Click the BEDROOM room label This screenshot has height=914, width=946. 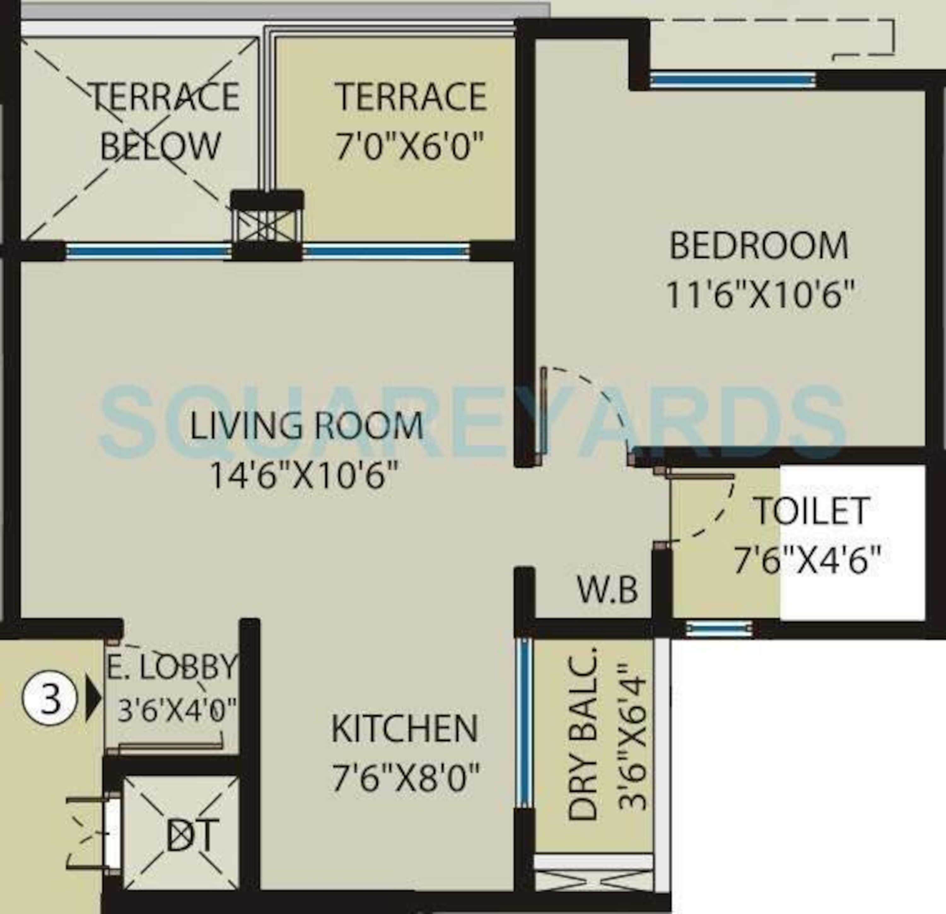[758, 246]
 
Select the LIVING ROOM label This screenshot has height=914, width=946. [307, 426]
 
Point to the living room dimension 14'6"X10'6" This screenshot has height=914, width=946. [305, 475]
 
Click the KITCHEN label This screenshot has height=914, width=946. [405, 728]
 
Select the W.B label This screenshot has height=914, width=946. [608, 590]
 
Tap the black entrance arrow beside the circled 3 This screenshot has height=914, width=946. [93, 699]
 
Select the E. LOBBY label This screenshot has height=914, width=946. [172, 667]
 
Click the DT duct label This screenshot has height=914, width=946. [192, 835]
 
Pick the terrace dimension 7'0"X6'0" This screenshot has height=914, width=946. [410, 146]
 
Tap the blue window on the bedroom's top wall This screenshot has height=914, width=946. [733, 80]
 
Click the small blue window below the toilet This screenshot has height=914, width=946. [719, 629]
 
